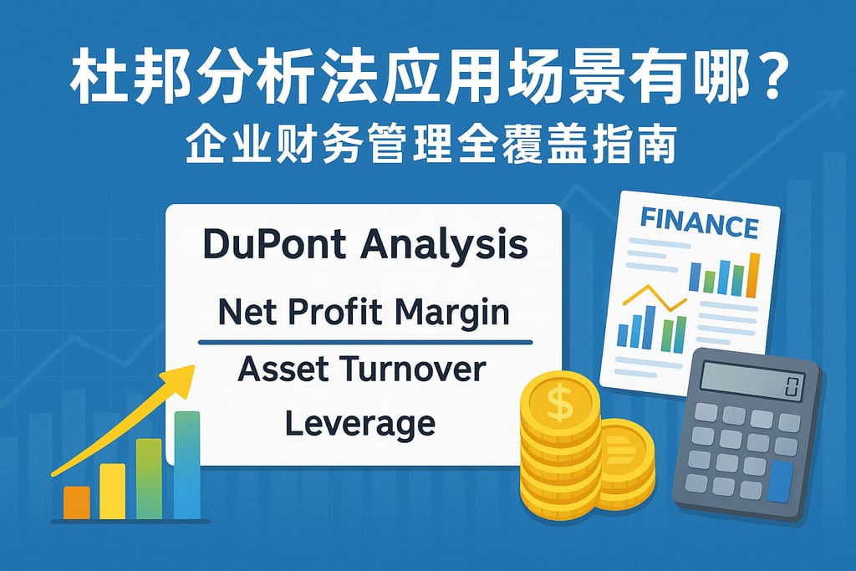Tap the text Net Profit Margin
click(364, 313)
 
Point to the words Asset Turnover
click(362, 369)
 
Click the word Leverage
click(360, 424)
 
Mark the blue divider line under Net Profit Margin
click(365, 342)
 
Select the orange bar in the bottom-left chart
click(77, 502)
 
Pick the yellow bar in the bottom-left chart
click(113, 491)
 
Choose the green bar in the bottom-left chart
click(149, 479)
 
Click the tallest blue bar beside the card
click(186, 465)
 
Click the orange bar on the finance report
click(753, 275)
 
